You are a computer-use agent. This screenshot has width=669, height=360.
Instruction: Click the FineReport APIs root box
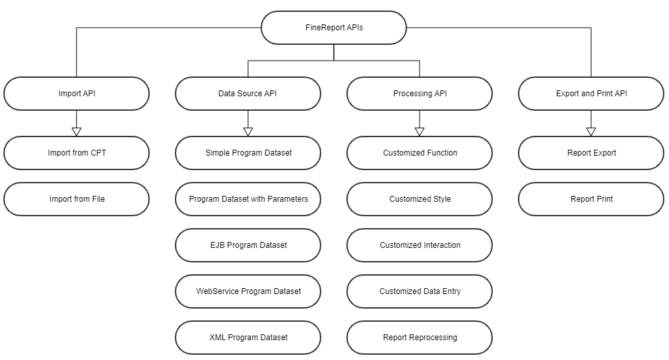(x=334, y=28)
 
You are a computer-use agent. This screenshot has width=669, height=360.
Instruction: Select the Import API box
(x=77, y=94)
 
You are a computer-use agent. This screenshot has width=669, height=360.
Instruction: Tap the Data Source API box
(x=248, y=94)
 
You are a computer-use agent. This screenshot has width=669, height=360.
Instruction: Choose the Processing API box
(x=420, y=94)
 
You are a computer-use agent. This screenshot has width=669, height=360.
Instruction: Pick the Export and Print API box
(x=591, y=94)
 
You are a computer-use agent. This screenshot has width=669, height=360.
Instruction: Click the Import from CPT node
(x=77, y=153)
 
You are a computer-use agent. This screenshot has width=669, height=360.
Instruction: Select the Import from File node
(x=77, y=199)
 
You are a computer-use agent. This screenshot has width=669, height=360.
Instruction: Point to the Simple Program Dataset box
(x=248, y=153)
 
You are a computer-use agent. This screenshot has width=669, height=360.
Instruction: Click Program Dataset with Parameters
(x=248, y=199)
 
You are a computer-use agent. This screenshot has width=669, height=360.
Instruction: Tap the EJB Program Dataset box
(x=248, y=245)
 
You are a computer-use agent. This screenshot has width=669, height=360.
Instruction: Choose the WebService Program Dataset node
(x=248, y=291)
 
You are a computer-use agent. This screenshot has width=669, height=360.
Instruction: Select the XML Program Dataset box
(x=248, y=338)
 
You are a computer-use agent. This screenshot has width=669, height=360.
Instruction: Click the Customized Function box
(x=420, y=153)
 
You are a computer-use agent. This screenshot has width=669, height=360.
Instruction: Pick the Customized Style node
(x=420, y=199)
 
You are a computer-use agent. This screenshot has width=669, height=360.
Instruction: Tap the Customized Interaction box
(x=420, y=245)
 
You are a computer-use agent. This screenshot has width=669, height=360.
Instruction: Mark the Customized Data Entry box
(x=420, y=291)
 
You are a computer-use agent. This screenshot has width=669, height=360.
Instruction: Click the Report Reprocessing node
(x=420, y=338)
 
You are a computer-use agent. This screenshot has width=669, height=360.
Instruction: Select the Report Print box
(x=591, y=199)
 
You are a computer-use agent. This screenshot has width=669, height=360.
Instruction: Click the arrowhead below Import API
(x=77, y=131)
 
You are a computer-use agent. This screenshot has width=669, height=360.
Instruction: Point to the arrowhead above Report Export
(x=591, y=131)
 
